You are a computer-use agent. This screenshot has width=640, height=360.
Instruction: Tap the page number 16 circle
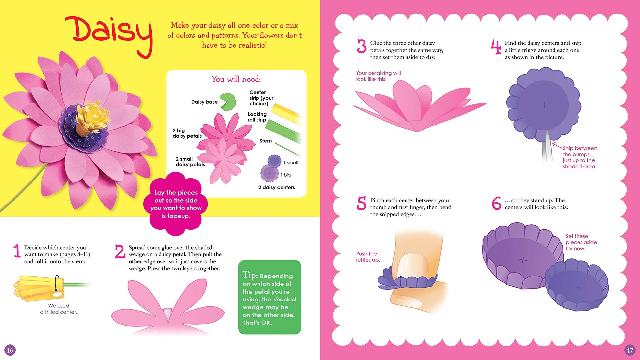tap(10, 350)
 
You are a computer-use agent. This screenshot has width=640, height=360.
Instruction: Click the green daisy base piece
tap(228, 102)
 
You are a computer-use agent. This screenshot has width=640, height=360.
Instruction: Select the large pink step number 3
tap(362, 46)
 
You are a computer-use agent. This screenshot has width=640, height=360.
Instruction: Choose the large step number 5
tap(361, 203)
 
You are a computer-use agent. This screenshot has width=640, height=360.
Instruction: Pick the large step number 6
tap(496, 203)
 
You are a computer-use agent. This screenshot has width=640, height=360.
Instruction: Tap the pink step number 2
tap(120, 252)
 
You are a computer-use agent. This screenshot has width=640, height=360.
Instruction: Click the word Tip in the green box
tap(250, 275)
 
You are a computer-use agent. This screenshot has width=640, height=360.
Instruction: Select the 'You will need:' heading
tap(236, 79)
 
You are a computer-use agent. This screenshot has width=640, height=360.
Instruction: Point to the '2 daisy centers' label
tap(277, 187)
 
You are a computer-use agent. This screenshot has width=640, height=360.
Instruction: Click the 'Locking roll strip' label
tap(257, 117)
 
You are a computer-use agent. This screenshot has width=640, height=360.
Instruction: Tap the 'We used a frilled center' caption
tap(59, 309)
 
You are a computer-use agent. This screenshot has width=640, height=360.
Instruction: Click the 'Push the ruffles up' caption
tap(368, 257)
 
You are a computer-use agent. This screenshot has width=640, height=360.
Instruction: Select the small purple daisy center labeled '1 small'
tap(274, 161)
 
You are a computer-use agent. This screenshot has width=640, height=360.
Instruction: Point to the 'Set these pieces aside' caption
tap(581, 242)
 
